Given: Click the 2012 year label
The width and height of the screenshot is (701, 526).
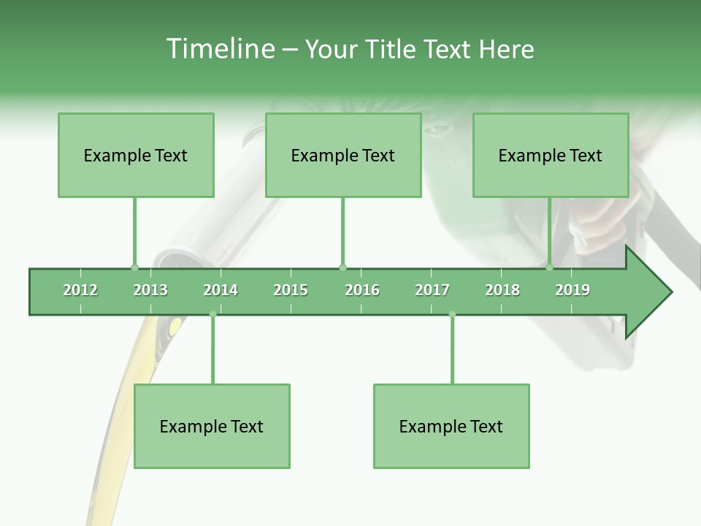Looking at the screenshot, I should (x=80, y=290).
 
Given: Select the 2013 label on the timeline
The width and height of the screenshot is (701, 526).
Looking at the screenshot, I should (x=150, y=290).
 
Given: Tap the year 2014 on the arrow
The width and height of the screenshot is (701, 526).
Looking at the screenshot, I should (x=221, y=290).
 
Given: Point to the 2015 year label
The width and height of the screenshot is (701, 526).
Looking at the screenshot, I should (x=291, y=290).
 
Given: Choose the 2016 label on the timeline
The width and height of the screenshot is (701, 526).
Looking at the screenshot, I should (x=362, y=290).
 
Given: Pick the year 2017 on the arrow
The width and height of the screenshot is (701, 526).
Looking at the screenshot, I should (x=432, y=290).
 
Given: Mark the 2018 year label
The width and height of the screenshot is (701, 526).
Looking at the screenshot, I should (x=502, y=290).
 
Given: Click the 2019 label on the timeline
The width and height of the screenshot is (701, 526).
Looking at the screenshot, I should (x=572, y=290).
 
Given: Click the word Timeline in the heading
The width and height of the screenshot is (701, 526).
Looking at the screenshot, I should (x=219, y=49).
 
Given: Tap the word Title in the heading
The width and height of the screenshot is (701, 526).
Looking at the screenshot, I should (x=391, y=49).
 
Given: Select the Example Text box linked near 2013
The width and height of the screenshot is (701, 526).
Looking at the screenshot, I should (x=136, y=155).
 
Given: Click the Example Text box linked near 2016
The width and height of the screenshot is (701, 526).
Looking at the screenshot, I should (x=343, y=155).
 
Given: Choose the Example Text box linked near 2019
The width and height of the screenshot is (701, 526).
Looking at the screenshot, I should (x=551, y=155).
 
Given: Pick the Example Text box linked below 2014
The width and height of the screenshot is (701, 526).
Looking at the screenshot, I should (x=212, y=426).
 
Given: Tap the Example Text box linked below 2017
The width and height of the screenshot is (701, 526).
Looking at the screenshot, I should (x=451, y=426).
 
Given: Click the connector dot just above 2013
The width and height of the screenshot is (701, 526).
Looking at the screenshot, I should (x=134, y=267).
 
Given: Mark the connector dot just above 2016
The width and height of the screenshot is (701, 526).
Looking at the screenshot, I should (x=342, y=267).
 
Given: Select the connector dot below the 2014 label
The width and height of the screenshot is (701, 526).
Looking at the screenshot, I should (x=212, y=314).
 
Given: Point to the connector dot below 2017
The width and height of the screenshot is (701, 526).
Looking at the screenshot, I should (x=452, y=314).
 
